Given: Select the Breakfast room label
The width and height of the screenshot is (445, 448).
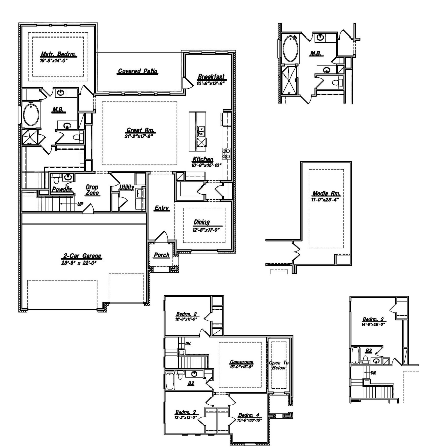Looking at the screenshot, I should click(x=211, y=77).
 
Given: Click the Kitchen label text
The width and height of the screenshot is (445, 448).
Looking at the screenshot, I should click(x=202, y=160).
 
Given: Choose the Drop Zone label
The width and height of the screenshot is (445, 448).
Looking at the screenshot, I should click(x=92, y=190).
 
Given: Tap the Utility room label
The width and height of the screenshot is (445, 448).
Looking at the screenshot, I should click(x=126, y=188).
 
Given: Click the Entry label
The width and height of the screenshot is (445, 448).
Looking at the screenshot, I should click(x=162, y=209).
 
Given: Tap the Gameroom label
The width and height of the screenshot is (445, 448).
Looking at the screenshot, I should click(x=241, y=363).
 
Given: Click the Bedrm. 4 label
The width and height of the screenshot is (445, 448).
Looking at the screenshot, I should click(x=249, y=415).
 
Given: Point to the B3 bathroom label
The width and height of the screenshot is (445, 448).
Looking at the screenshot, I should click(x=369, y=350).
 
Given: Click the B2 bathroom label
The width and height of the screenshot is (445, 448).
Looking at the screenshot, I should click(x=191, y=384).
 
